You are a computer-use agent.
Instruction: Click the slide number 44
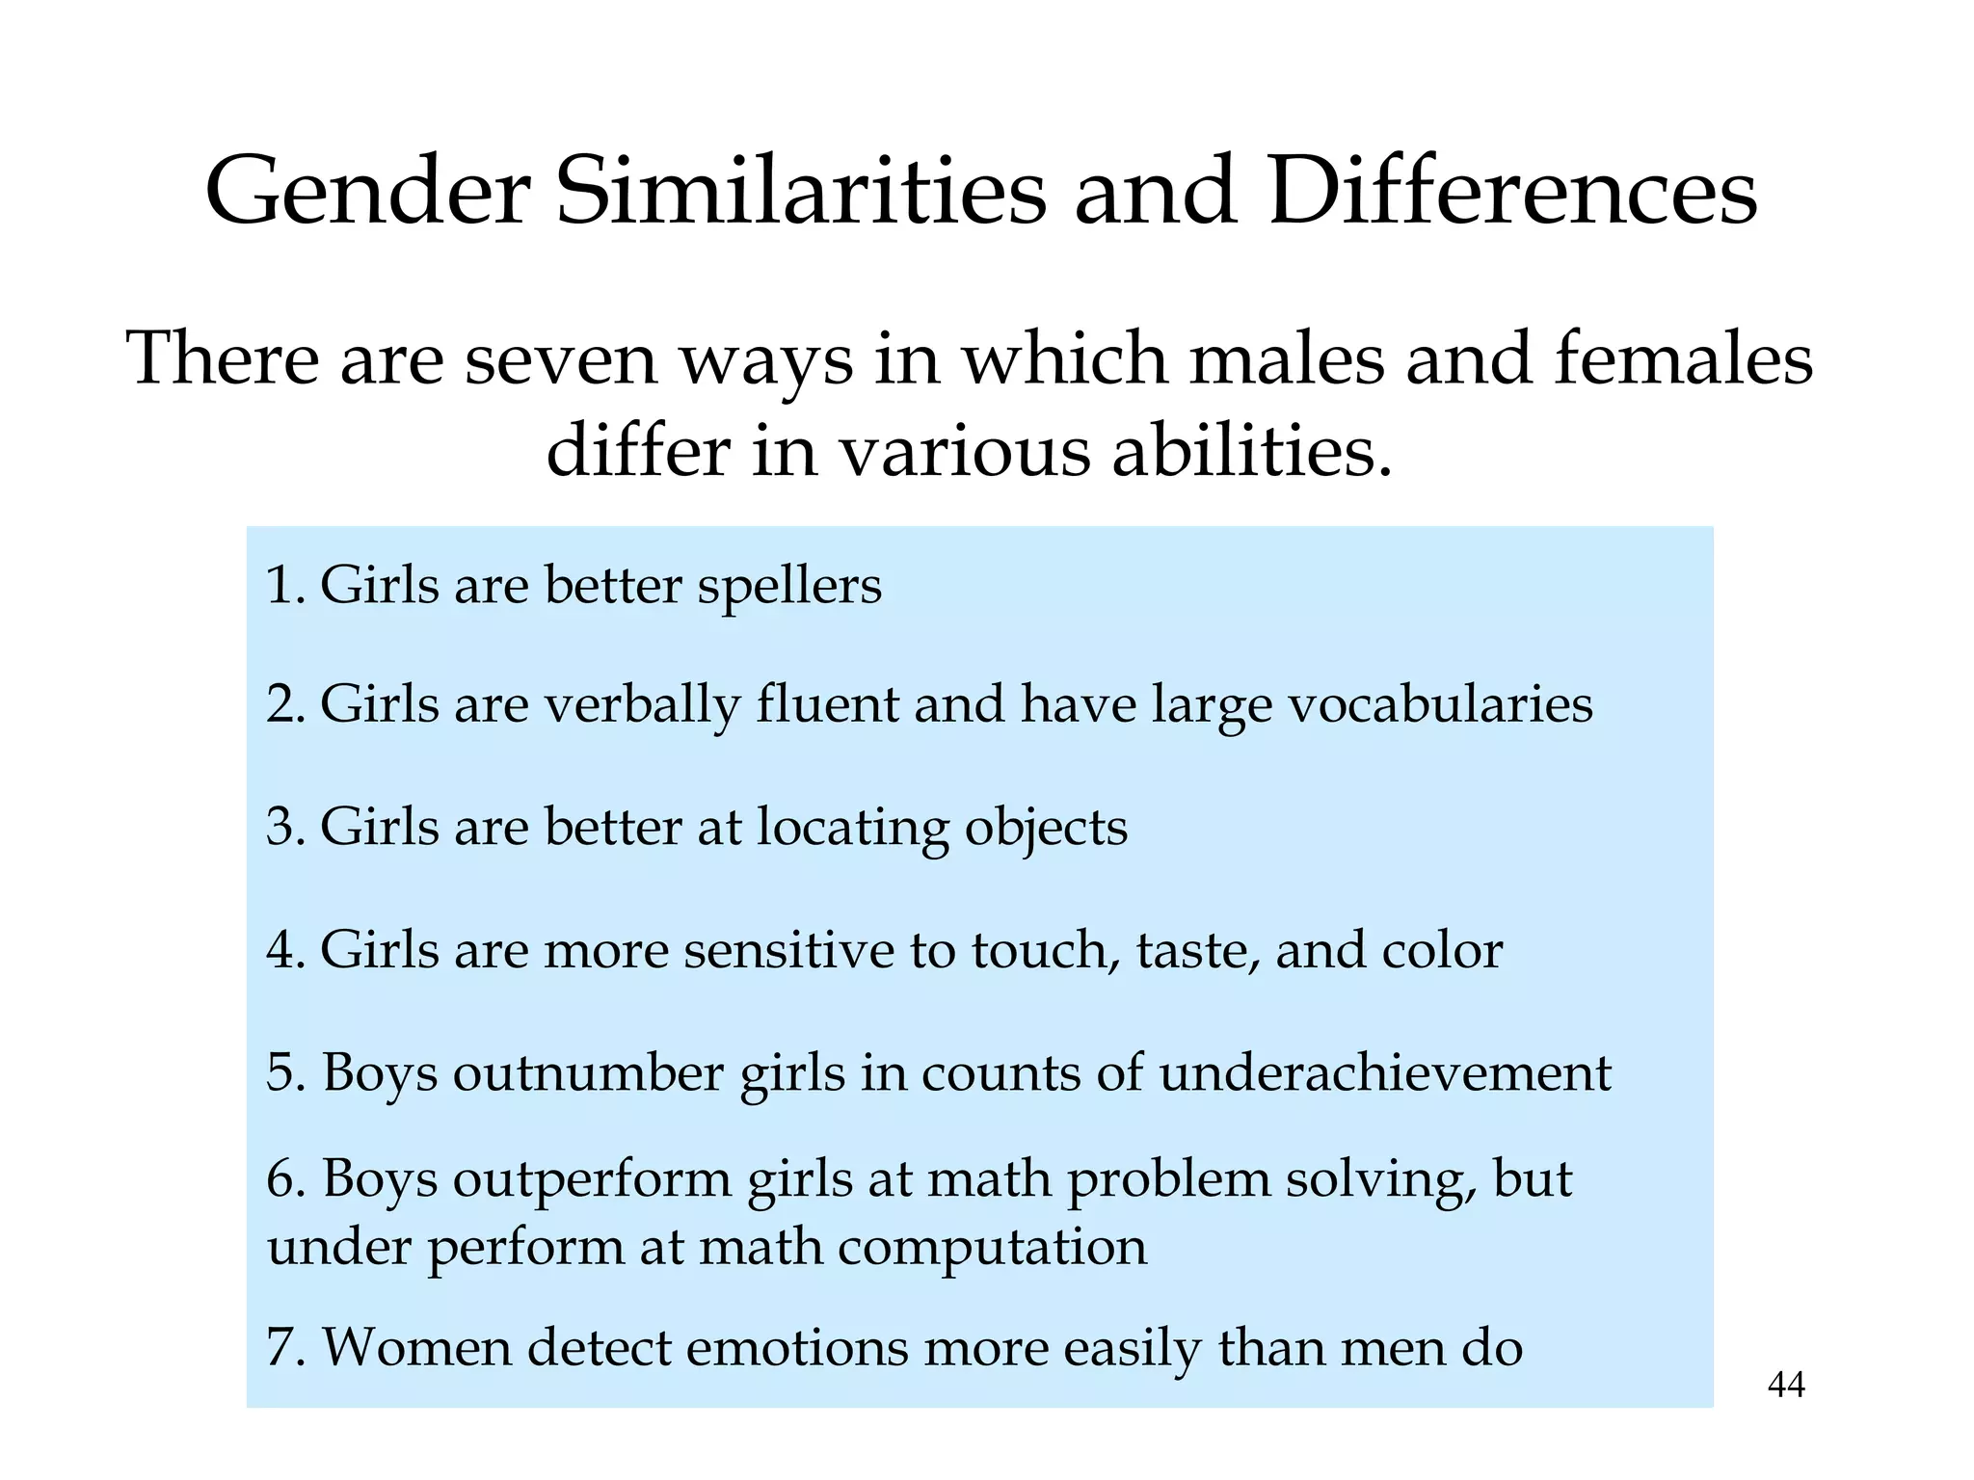(x=1786, y=1385)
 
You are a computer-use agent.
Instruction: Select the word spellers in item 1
(x=789, y=587)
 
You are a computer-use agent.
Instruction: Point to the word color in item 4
(x=1442, y=950)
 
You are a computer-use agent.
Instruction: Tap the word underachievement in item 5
(x=1384, y=1072)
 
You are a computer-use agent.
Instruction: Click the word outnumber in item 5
(x=588, y=1072)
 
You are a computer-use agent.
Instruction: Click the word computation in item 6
(x=992, y=1247)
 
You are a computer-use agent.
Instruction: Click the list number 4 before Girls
(x=280, y=950)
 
